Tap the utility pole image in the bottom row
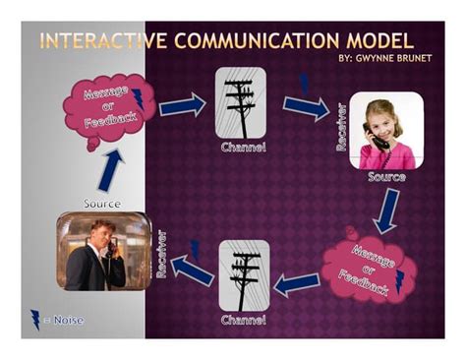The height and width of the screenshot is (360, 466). pos(243,275)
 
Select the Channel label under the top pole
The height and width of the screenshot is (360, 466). pos(243,149)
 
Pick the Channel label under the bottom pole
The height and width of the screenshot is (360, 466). pos(243,320)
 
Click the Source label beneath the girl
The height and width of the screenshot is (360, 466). pos(386,177)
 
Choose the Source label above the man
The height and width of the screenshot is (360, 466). pos(102,204)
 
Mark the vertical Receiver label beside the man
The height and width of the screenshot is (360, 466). pos(161,254)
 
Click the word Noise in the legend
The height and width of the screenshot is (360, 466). pos(68,320)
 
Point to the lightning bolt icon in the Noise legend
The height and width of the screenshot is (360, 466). pos(35,319)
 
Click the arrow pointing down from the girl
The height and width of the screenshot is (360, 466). pos(385,210)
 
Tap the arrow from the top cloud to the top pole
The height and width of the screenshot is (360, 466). pos(182,104)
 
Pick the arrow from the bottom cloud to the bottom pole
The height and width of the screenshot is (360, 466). pos(296,284)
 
